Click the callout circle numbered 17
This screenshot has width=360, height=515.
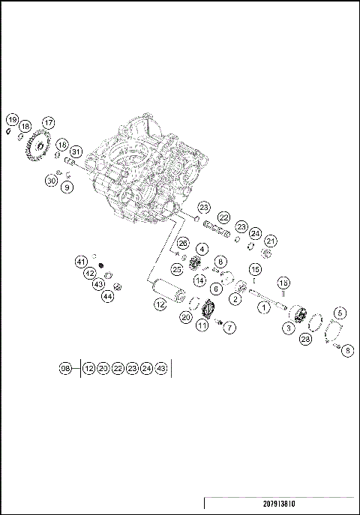48,122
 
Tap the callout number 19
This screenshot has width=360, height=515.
12,120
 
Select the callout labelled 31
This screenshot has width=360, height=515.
76,153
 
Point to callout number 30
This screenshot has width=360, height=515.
51,181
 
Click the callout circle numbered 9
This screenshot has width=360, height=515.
67,187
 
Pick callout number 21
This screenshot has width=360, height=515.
270,241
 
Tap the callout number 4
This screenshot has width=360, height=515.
202,249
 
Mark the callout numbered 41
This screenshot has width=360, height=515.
81,261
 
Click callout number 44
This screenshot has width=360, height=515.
108,297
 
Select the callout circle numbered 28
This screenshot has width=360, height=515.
305,340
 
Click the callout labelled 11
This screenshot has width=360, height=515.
202,325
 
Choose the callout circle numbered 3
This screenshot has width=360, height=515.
287,328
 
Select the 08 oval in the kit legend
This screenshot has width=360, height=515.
66,368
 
